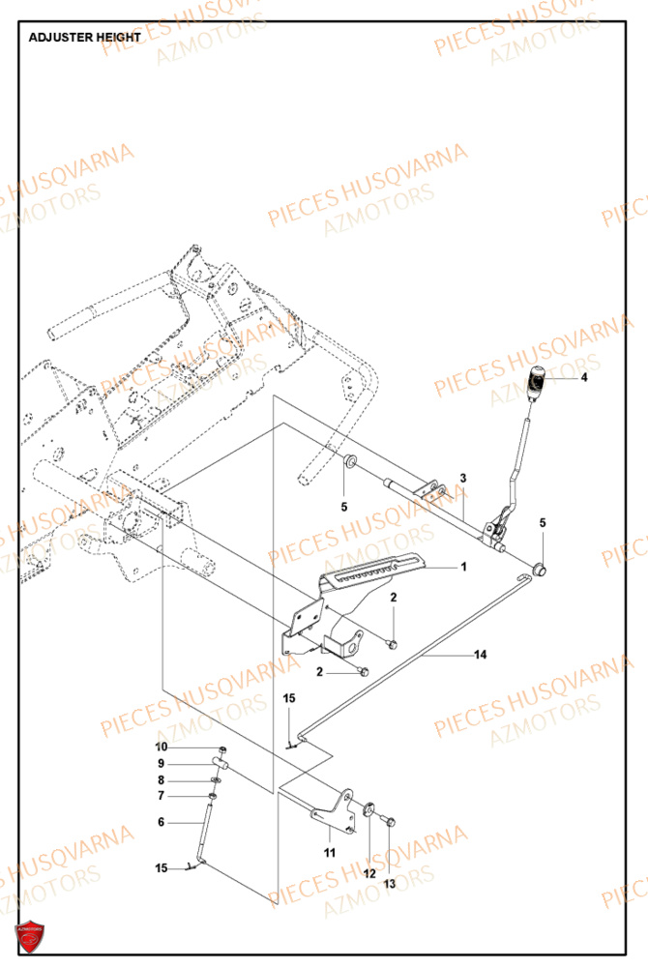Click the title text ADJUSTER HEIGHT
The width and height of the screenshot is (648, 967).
point(85,37)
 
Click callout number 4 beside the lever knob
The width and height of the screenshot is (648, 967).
point(583,378)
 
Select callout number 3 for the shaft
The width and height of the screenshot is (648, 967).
point(463,478)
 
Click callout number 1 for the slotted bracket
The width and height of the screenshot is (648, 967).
point(463,567)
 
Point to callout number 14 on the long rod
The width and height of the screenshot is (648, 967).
point(480,655)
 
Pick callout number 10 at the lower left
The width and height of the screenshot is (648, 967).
point(162,747)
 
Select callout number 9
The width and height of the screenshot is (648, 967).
point(162,763)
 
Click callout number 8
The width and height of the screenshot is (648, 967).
point(162,779)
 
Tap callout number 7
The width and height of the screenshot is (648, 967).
point(162,796)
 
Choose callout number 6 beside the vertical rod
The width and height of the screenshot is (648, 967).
point(162,822)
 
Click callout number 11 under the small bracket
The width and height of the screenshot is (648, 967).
point(330,853)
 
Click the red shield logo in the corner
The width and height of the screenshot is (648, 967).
point(30,937)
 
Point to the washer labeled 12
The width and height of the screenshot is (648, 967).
point(369,810)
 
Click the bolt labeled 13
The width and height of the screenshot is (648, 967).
point(388,821)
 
